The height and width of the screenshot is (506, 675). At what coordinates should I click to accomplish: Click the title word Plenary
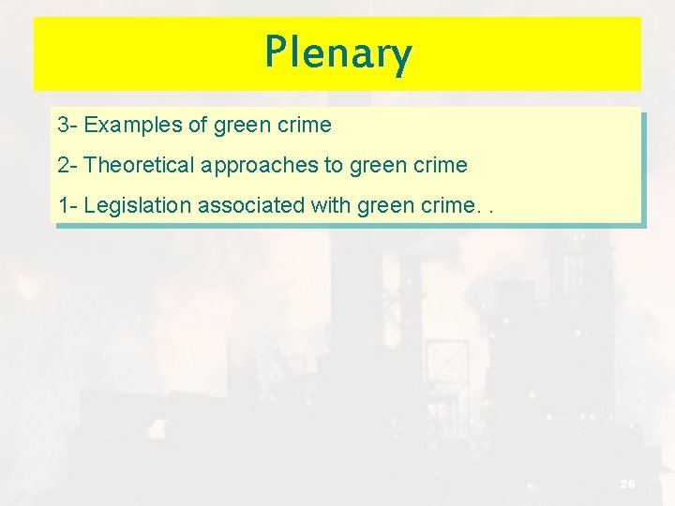(x=337, y=53)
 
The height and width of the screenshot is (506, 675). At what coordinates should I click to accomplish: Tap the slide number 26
(x=627, y=484)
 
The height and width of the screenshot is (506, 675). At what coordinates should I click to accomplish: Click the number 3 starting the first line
(x=63, y=125)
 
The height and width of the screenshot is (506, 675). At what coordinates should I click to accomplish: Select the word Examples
(x=133, y=125)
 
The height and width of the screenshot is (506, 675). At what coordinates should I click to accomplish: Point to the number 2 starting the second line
(x=63, y=166)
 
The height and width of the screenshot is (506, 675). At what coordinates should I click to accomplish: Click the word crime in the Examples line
(x=305, y=125)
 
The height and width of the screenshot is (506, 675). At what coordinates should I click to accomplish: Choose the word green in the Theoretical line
(x=379, y=166)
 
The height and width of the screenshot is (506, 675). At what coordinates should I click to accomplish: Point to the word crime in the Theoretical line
(x=441, y=166)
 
